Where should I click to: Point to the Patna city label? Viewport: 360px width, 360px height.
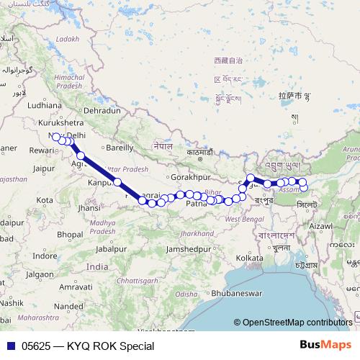click(197, 204)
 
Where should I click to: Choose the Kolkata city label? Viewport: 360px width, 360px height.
click(248, 257)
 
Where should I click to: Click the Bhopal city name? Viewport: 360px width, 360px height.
click(71, 235)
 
